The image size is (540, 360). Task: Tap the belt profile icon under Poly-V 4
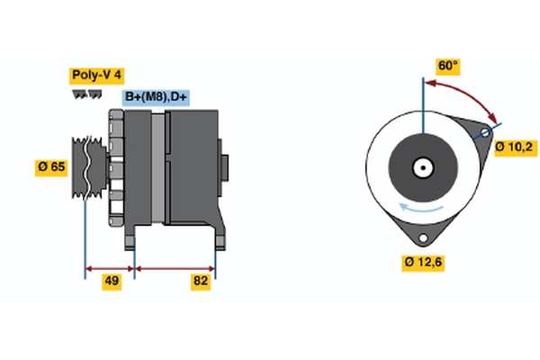point(85,94)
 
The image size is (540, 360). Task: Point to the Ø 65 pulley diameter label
point(52,167)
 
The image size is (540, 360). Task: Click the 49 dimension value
point(111,282)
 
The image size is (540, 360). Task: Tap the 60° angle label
point(447,66)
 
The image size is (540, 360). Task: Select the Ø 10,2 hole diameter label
point(516,148)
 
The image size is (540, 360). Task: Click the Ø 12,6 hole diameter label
point(422,262)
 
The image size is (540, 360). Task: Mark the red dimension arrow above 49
point(110,267)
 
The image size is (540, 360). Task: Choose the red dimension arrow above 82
point(175,267)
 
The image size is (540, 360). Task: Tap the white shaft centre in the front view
point(421,166)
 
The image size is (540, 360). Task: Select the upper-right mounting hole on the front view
point(484,133)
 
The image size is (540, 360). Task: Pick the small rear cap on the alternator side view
point(224,168)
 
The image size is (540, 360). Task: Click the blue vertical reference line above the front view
point(421,99)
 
